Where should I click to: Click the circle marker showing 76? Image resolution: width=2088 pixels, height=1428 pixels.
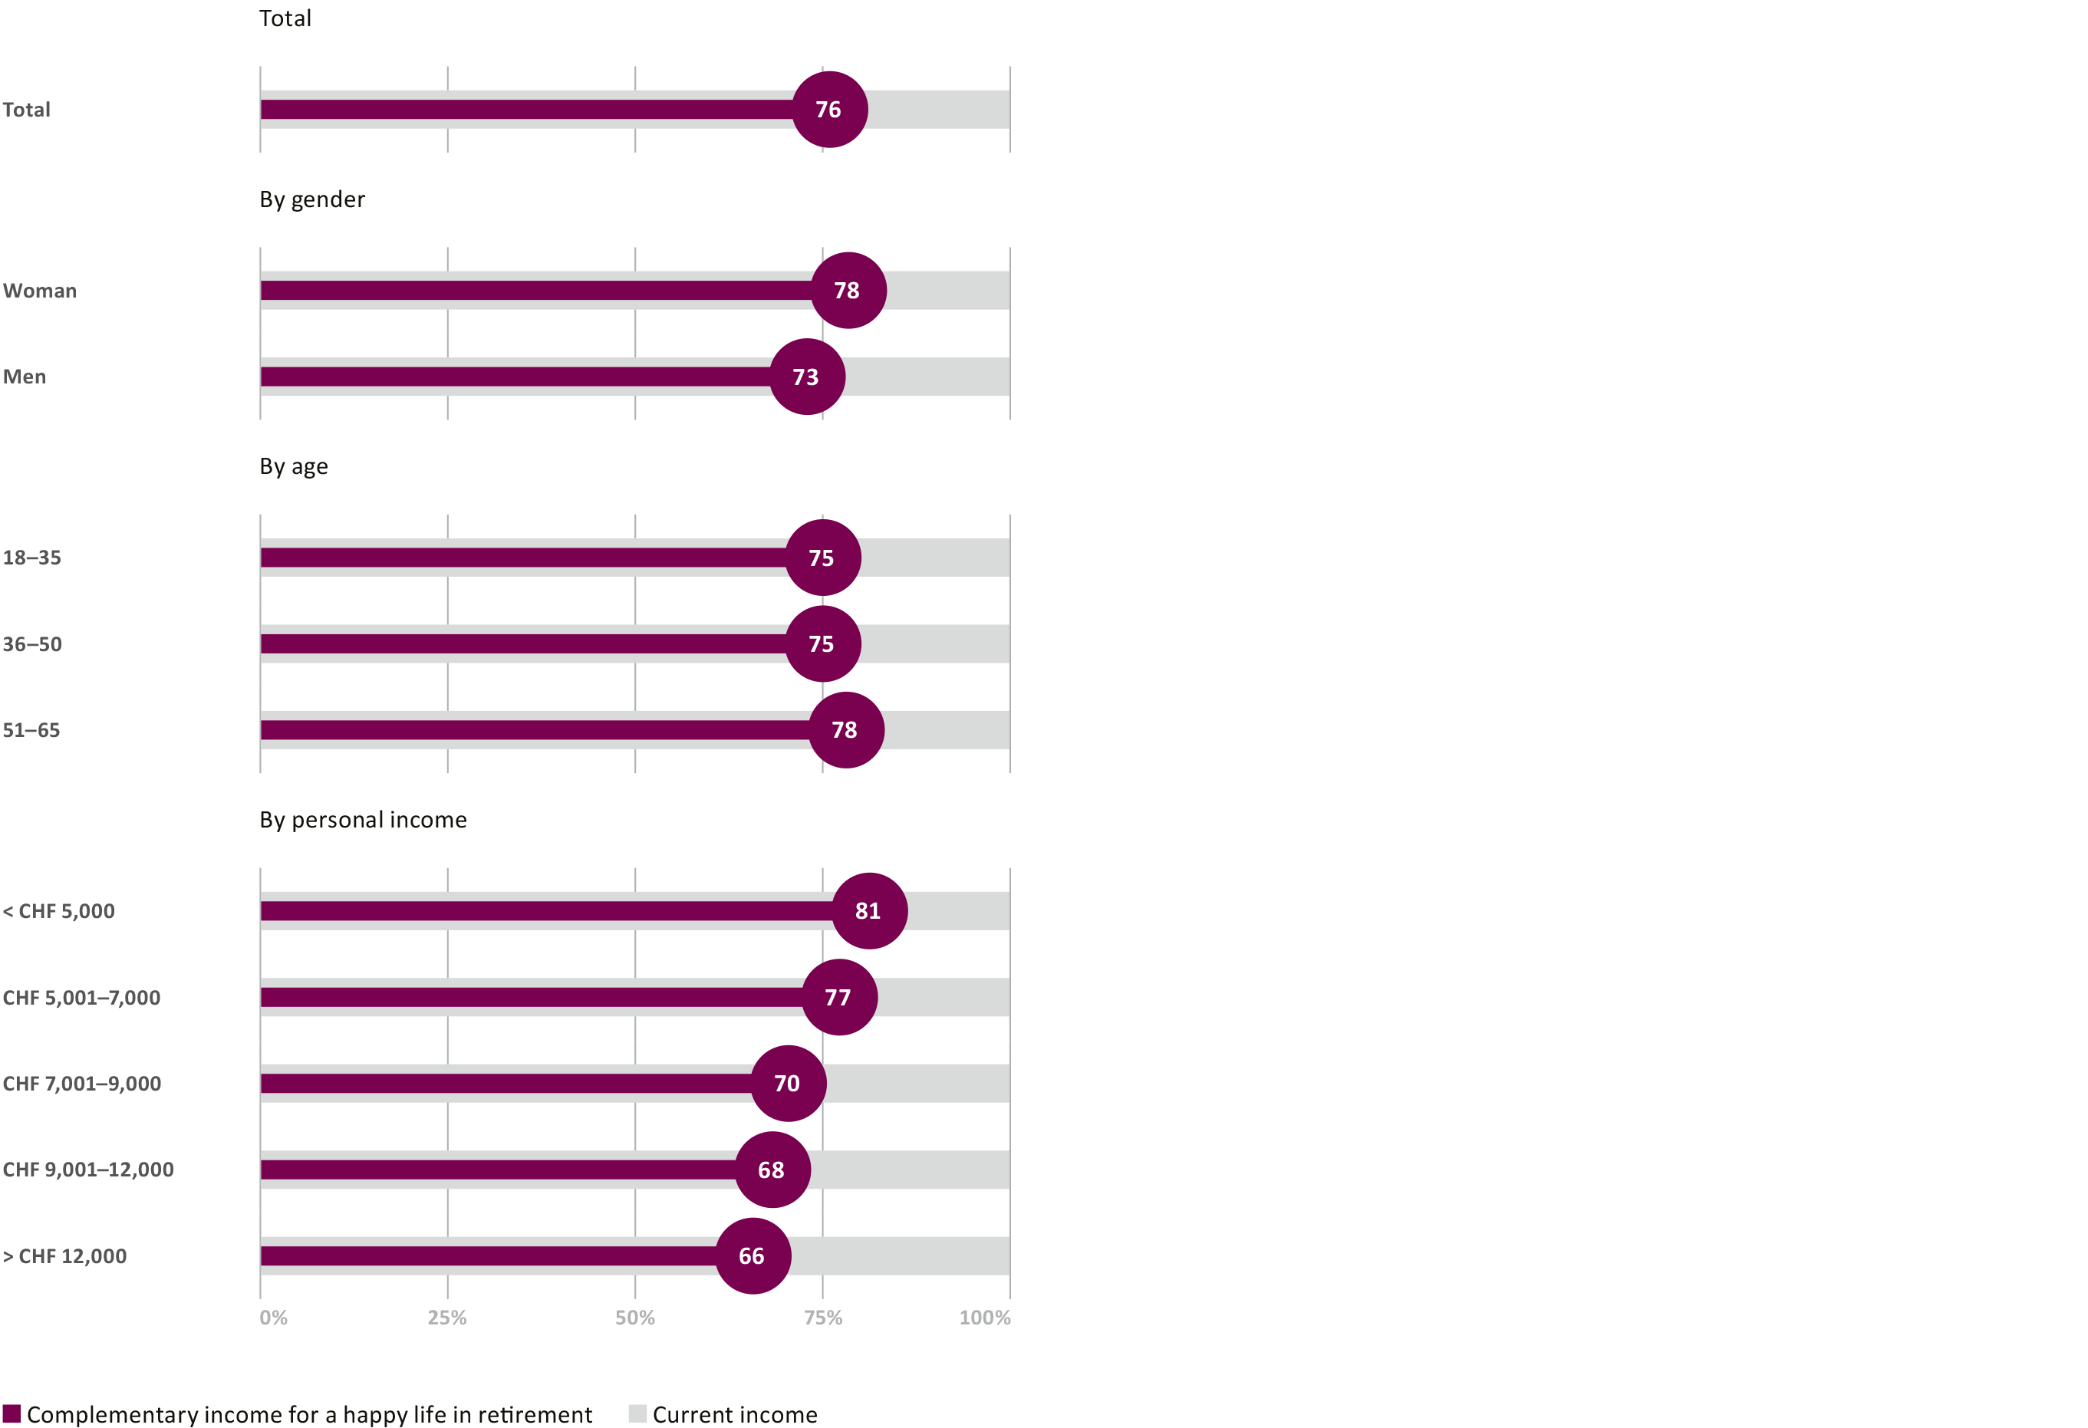(829, 110)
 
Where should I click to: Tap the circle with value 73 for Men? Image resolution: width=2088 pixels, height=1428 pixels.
(807, 377)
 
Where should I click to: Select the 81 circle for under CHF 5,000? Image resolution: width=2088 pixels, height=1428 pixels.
(869, 910)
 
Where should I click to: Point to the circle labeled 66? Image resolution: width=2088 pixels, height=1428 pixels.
(753, 1255)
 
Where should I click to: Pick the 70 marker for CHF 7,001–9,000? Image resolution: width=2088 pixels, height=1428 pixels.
(788, 1083)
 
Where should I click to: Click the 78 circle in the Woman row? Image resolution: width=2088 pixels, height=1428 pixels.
(848, 290)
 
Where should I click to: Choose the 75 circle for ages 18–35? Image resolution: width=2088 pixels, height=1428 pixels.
(822, 558)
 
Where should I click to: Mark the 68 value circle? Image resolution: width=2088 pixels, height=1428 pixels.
(772, 1170)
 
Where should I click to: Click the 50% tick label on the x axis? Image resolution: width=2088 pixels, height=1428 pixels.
(634, 1318)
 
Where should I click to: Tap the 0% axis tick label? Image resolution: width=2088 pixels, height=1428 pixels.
(273, 1318)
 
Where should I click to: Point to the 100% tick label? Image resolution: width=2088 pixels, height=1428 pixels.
(985, 1318)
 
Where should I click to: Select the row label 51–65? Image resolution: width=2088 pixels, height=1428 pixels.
(31, 730)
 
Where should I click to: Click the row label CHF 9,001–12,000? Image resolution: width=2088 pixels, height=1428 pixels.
(88, 1170)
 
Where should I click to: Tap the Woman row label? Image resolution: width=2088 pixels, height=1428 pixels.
(40, 291)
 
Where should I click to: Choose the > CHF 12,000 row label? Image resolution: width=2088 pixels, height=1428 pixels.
(64, 1256)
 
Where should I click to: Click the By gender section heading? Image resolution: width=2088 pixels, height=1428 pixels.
(311, 199)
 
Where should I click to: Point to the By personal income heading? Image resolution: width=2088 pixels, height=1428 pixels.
(363, 820)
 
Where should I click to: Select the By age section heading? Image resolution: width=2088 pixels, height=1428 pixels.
(294, 467)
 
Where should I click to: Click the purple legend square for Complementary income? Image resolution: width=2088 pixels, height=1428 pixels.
(12, 1413)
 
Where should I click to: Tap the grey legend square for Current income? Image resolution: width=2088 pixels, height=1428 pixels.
(637, 1413)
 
